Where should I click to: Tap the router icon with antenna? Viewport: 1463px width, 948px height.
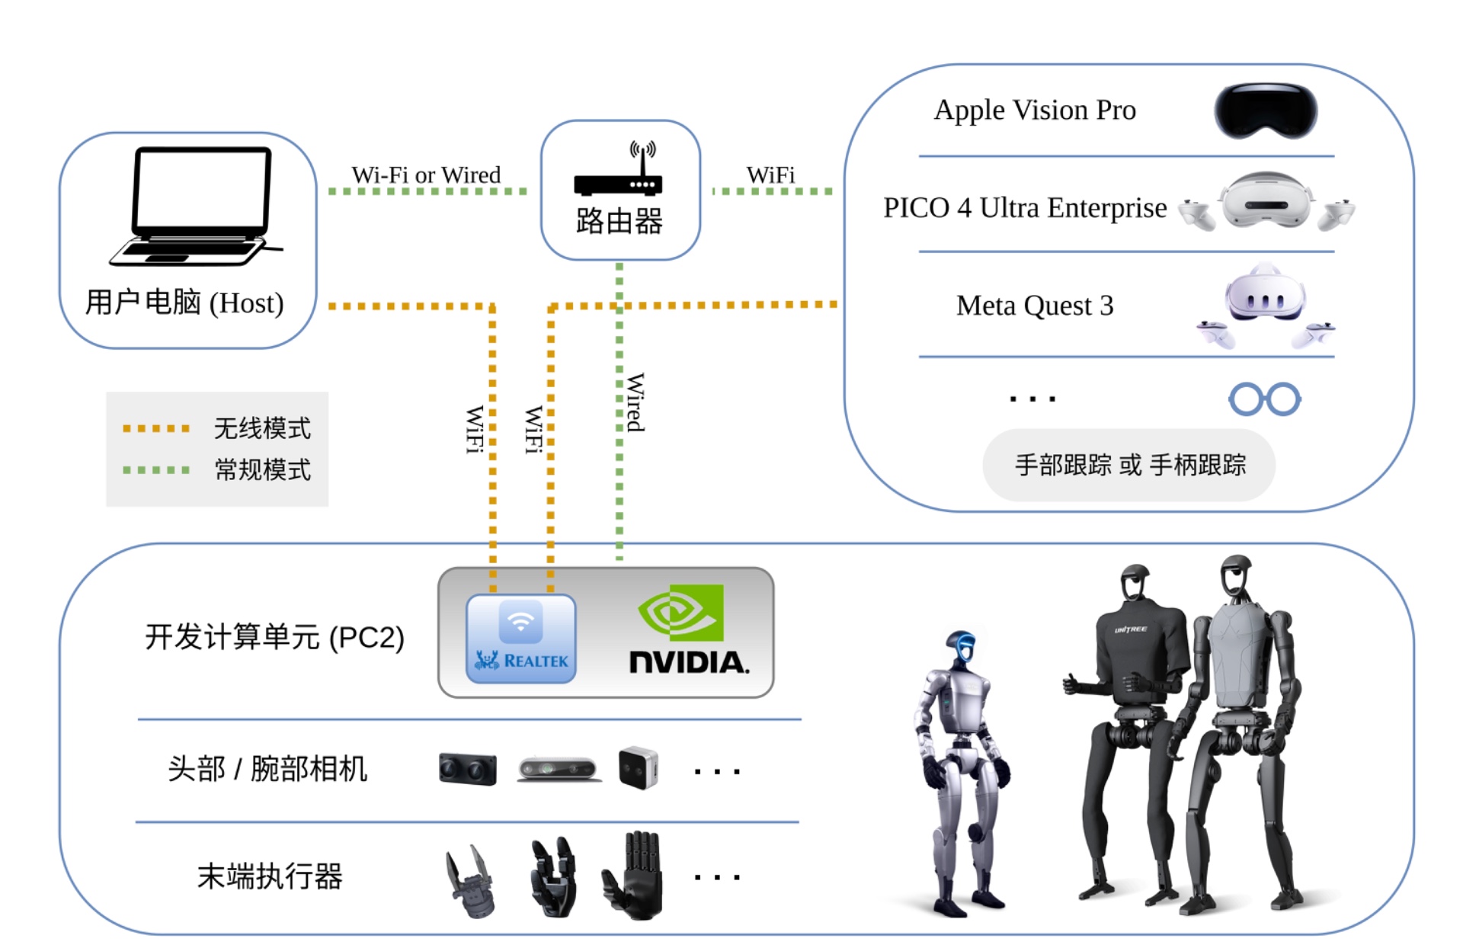pyautogui.click(x=619, y=169)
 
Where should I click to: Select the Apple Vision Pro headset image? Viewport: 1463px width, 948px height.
pyautogui.click(x=1265, y=111)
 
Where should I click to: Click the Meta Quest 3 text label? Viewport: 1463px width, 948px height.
pyautogui.click(x=1034, y=306)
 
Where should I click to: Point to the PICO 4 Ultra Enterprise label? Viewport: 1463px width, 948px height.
pyautogui.click(x=1024, y=207)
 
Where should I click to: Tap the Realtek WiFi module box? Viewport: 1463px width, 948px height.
pyautogui.click(x=521, y=639)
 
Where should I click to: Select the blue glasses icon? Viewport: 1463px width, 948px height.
pyautogui.click(x=1264, y=399)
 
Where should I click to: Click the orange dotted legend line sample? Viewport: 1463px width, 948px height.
pyautogui.click(x=156, y=428)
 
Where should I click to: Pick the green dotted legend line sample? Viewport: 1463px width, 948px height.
pyautogui.click(x=156, y=469)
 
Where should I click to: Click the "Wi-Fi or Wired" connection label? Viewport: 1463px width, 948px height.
pyautogui.click(x=426, y=175)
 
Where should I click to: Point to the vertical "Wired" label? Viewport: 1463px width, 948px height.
pyautogui.click(x=635, y=402)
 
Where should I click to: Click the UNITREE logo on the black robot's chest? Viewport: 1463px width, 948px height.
pyautogui.click(x=1130, y=629)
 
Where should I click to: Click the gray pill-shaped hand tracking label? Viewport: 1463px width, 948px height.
pyautogui.click(x=1129, y=465)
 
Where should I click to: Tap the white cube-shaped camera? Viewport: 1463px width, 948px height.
pyautogui.click(x=638, y=767)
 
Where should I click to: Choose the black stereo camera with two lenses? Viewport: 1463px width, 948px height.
pyautogui.click(x=468, y=769)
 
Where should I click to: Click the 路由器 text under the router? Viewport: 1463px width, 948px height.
pyautogui.click(x=619, y=221)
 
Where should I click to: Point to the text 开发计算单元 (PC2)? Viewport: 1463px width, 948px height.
pyautogui.click(x=274, y=637)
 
